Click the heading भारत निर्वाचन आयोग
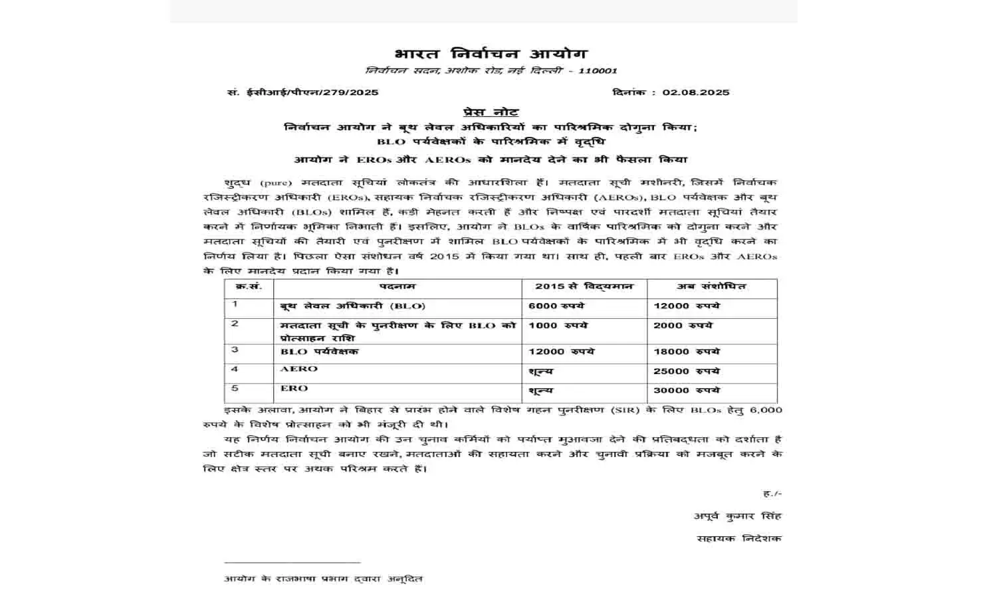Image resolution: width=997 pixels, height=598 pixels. tap(490, 54)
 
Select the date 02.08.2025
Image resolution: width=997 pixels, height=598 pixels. tap(695, 92)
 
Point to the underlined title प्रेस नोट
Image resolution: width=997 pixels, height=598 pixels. tap(491, 112)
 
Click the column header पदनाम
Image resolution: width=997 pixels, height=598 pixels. tap(397, 286)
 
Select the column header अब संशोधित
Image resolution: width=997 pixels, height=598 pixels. tap(711, 286)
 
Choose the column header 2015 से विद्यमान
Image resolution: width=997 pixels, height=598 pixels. tap(584, 286)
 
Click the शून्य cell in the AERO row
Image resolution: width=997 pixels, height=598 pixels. tap(540, 371)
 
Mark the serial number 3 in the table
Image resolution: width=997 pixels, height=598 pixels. tap(235, 350)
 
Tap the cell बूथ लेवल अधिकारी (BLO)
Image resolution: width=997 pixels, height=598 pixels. tap(352, 306)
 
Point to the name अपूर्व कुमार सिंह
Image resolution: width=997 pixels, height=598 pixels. tap(738, 516)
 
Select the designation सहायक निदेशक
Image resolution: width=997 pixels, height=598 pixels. tap(739, 539)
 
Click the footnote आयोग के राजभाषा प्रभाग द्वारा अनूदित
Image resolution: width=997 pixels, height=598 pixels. tap(323, 579)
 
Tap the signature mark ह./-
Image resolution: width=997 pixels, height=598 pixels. tap(772, 494)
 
